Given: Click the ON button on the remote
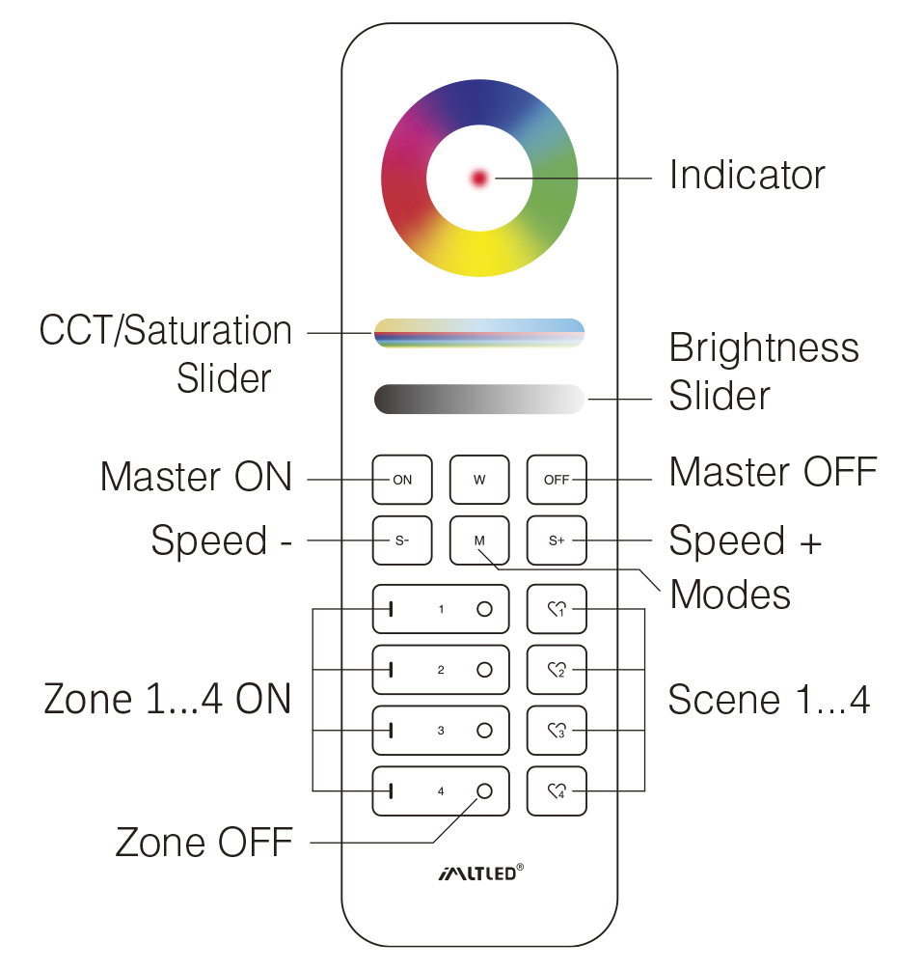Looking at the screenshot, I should tap(402, 480).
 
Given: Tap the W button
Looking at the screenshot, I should tap(479, 480).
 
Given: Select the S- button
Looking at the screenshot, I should tap(402, 540).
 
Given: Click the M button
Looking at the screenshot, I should tap(479, 540).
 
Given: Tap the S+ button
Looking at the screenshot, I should tap(557, 540).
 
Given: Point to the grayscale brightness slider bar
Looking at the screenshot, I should tap(479, 399).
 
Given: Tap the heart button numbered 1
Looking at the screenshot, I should tap(557, 609).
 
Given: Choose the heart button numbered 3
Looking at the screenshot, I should tap(557, 732).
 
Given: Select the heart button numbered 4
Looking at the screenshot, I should tap(557, 792).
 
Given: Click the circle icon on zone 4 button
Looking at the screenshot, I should tap(484, 791).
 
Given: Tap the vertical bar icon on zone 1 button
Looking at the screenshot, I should tap(391, 609).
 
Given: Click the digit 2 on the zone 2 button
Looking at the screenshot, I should tap(441, 670).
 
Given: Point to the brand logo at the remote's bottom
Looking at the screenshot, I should tap(479, 873).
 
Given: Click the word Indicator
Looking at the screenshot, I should tap(747, 176).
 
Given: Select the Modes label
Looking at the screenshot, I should tap(730, 595).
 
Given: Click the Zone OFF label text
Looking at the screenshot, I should tap(204, 843).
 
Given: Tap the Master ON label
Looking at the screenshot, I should tap(196, 477).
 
